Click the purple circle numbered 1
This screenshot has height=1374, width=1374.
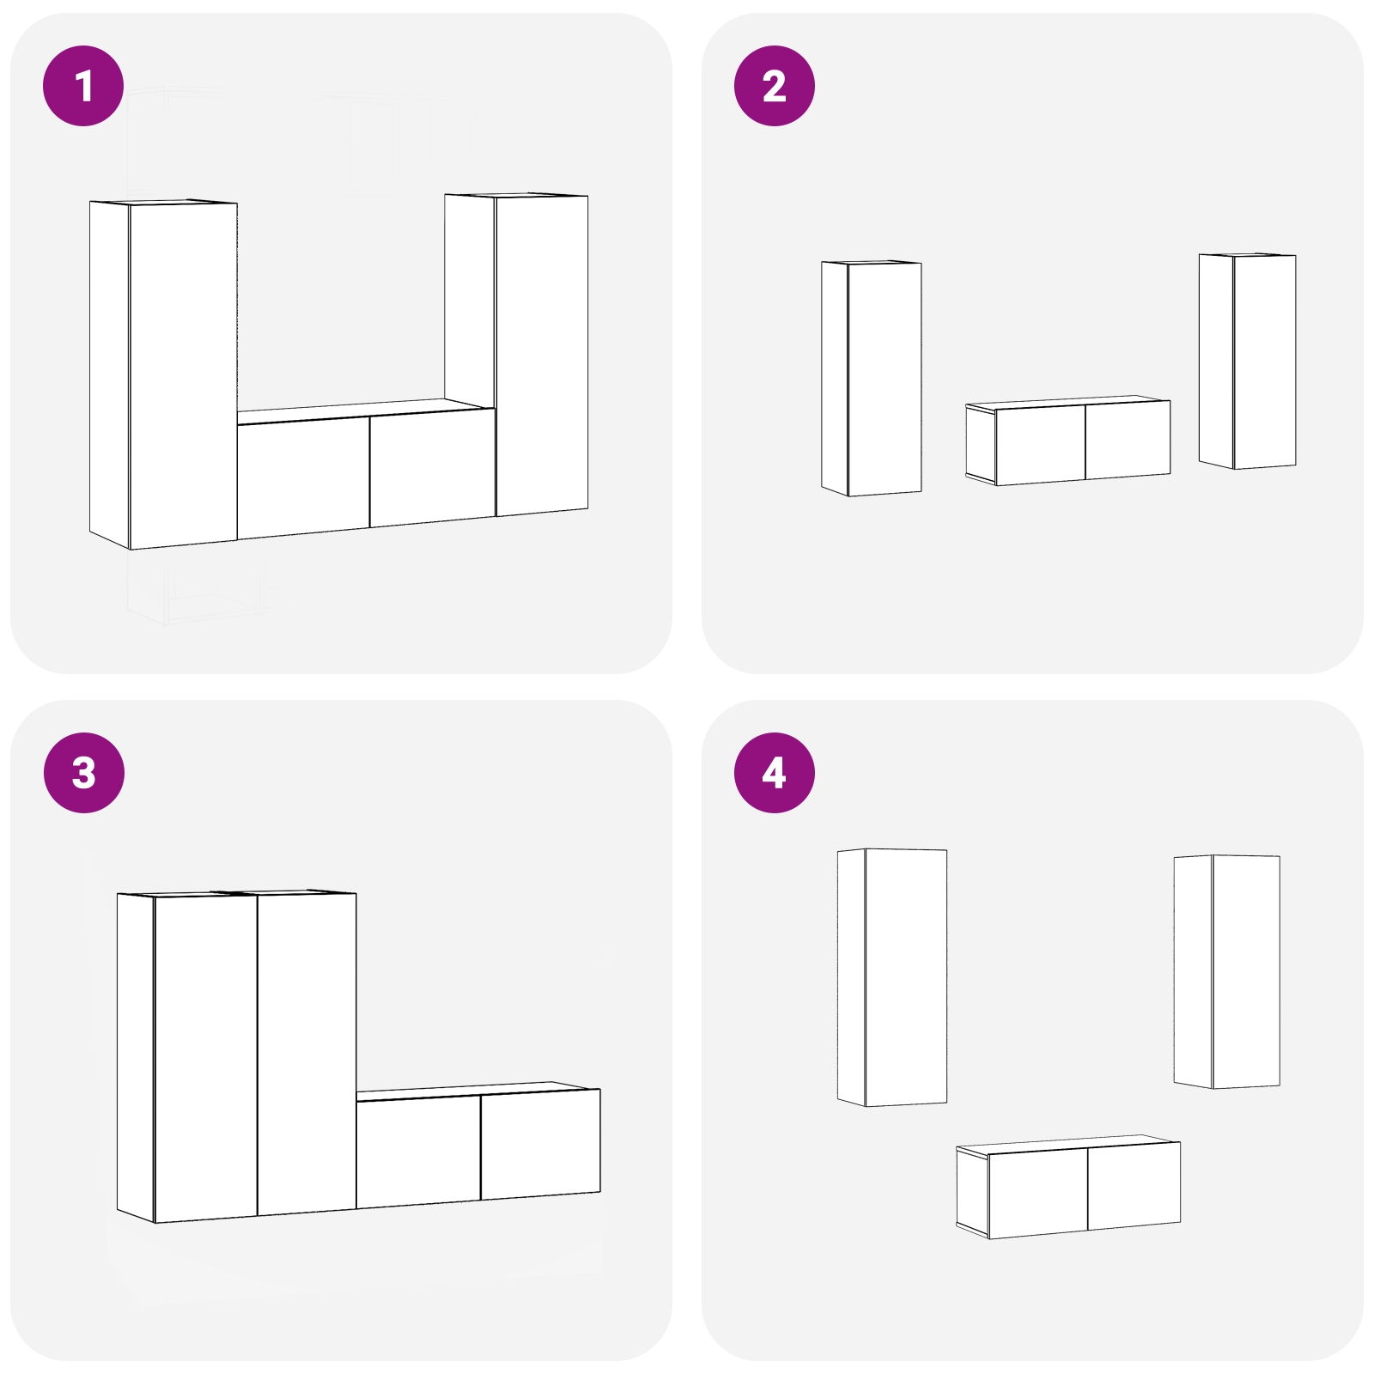[84, 86]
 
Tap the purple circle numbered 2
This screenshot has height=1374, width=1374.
[775, 86]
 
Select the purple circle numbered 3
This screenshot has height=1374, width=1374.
[84, 773]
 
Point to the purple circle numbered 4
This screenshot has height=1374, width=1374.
[775, 773]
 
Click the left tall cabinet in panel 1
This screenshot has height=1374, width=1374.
[163, 374]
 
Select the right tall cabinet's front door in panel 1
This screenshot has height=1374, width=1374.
[542, 356]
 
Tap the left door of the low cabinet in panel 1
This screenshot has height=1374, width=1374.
[303, 477]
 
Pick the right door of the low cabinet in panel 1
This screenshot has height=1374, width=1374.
[433, 468]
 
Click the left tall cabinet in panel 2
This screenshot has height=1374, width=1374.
[872, 379]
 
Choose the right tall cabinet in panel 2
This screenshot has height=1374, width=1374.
[1248, 361]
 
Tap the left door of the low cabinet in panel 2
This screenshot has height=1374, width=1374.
[1041, 445]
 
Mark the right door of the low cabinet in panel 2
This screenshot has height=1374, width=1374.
[1128, 440]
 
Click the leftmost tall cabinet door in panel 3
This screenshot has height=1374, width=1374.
[205, 1058]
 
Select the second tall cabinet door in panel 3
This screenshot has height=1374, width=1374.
[307, 1054]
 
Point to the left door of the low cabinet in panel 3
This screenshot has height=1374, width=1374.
[418, 1152]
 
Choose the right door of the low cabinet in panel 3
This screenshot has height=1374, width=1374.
[541, 1144]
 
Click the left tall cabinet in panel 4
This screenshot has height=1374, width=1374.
[892, 977]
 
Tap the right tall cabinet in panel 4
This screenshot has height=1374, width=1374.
[1227, 971]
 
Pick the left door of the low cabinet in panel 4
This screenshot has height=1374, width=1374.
[1038, 1193]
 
